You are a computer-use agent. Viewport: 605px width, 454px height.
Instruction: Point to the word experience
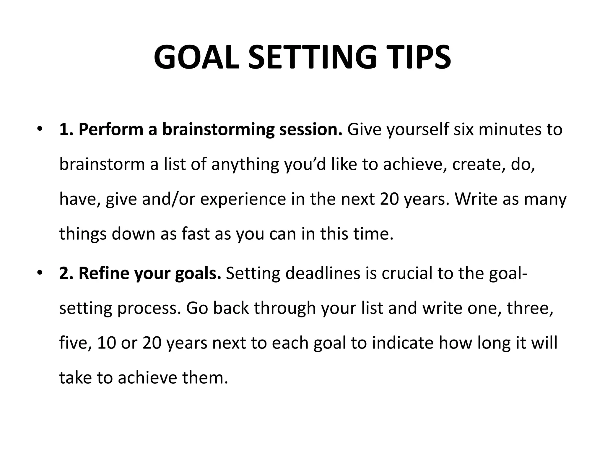243,199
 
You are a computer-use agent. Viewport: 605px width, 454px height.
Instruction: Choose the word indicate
403,343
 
